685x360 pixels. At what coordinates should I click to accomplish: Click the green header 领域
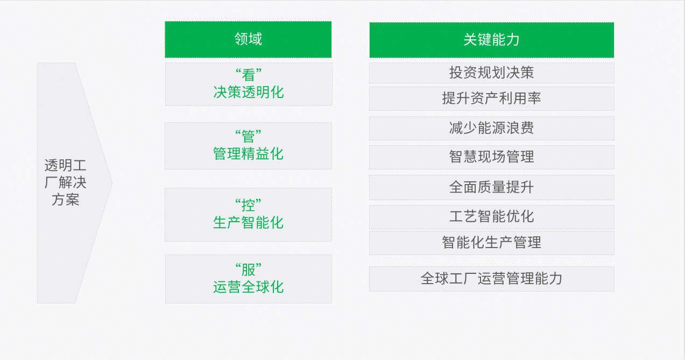(x=248, y=39)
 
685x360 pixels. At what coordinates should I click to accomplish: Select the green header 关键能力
(x=491, y=40)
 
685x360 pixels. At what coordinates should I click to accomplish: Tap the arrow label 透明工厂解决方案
(x=66, y=182)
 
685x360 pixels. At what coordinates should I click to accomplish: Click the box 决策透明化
(x=249, y=84)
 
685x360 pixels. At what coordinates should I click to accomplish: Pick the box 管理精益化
(x=248, y=146)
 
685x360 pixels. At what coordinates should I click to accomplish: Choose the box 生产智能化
(x=248, y=215)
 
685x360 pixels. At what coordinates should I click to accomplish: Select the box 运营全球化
(x=249, y=279)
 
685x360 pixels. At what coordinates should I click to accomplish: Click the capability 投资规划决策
(x=491, y=73)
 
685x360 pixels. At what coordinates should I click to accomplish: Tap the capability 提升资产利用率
(x=491, y=98)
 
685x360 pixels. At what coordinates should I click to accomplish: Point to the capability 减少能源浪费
(x=491, y=128)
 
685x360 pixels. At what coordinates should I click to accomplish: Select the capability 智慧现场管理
(x=491, y=157)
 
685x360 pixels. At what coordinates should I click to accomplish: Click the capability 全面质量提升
(x=491, y=187)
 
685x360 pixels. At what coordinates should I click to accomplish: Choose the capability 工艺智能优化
(x=491, y=217)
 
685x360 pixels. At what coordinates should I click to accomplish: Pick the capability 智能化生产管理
(x=491, y=243)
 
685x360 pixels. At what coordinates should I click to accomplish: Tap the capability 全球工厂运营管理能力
(x=491, y=279)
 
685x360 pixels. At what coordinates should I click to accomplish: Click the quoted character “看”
(x=248, y=75)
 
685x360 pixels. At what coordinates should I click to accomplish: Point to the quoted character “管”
(x=248, y=137)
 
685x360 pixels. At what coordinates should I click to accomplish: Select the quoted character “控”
(x=248, y=205)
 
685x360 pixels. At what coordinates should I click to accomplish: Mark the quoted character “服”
(x=248, y=270)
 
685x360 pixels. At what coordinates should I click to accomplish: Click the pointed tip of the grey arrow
(x=112, y=183)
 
